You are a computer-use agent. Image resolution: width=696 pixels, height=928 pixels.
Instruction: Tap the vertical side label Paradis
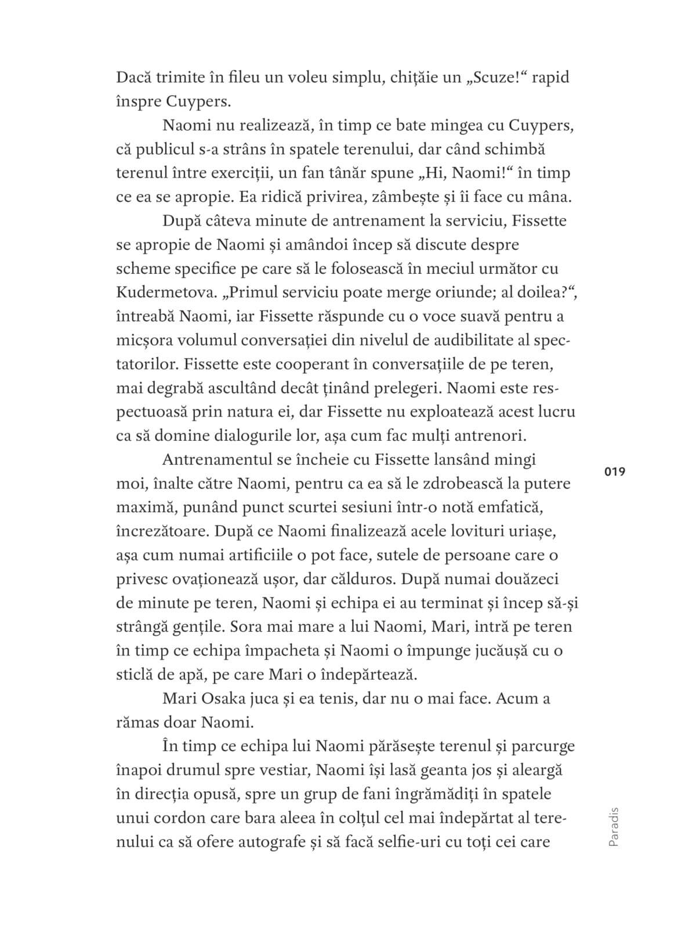tap(615, 826)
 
